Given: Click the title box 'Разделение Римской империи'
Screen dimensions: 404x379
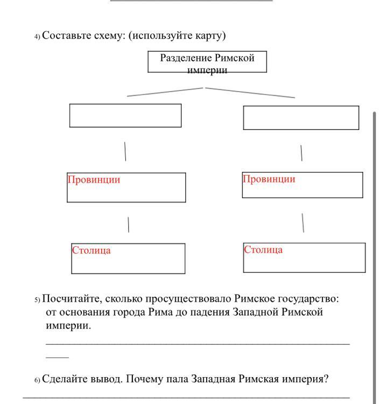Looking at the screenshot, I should click(207, 62).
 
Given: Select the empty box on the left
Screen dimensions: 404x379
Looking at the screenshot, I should click(125, 115).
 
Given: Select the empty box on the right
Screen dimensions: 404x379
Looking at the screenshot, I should click(301, 117).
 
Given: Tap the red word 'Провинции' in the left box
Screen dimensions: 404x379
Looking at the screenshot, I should click(94, 180).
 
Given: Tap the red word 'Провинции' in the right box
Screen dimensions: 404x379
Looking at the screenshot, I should click(269, 179).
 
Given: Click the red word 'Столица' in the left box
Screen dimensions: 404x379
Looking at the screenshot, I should click(92, 250).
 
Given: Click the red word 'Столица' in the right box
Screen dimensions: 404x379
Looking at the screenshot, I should click(263, 250).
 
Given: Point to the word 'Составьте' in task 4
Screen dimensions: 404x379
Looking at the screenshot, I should click(64, 36).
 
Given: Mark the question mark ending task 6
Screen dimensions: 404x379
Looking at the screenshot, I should click(326, 379).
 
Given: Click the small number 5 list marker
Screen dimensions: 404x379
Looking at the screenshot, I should click(37, 300).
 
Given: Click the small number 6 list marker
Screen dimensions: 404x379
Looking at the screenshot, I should click(37, 380).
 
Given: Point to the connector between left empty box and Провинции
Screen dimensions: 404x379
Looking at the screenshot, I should click(125, 151).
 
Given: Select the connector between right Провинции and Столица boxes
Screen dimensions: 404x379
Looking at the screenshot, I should click(303, 222).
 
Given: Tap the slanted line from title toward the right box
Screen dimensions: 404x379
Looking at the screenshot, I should click(250, 93).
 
